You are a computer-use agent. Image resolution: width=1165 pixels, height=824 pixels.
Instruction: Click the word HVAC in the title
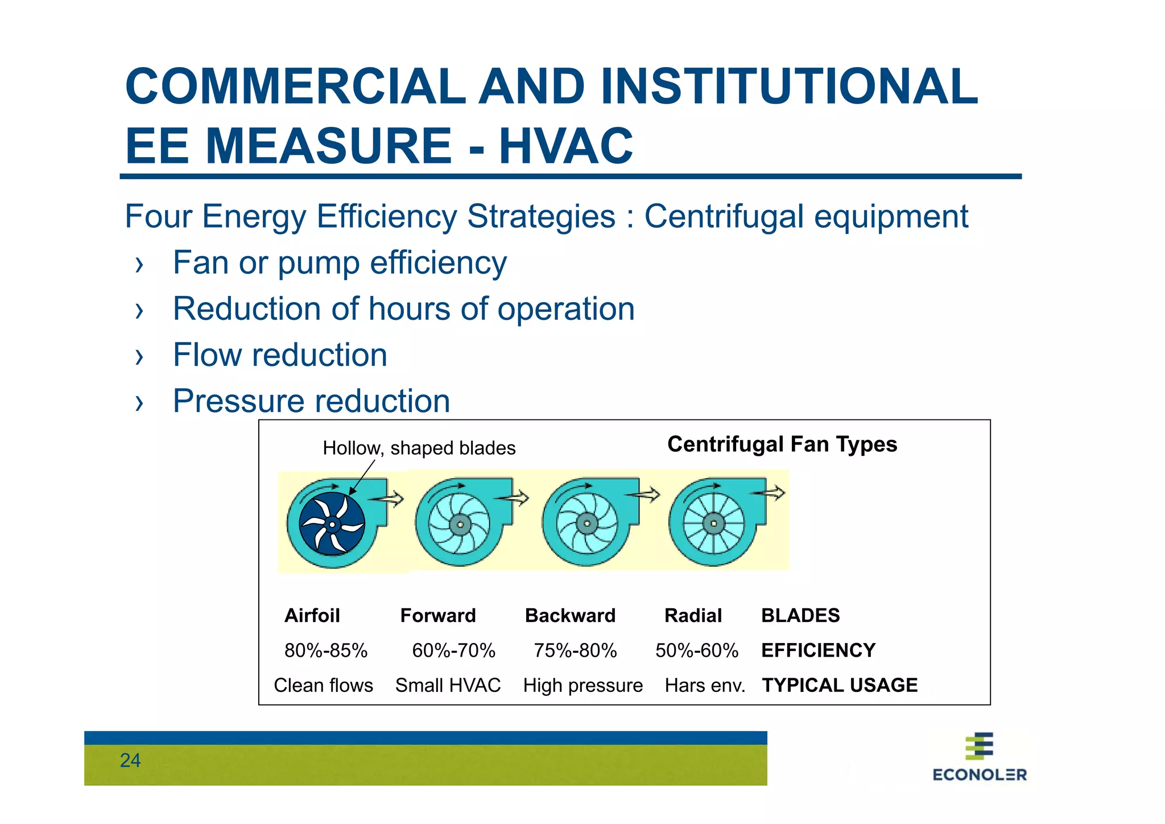(x=565, y=146)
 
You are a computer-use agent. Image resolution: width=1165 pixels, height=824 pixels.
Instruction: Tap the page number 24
(x=130, y=760)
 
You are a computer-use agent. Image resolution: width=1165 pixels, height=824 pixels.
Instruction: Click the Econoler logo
(x=979, y=757)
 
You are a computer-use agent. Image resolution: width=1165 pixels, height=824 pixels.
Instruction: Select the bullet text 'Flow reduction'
(x=280, y=355)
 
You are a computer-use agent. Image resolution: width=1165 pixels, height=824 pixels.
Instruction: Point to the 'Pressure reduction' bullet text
(x=311, y=401)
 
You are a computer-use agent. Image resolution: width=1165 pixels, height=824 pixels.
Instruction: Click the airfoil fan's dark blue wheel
(x=332, y=524)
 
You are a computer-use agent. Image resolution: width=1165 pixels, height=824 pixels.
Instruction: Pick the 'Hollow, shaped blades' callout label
(x=419, y=448)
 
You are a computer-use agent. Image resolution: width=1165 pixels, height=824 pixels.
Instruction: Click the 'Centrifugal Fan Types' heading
(x=782, y=444)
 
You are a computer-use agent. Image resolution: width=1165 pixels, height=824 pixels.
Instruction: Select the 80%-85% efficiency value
(x=326, y=650)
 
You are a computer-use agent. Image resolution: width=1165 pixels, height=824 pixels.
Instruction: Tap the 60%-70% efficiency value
(x=453, y=650)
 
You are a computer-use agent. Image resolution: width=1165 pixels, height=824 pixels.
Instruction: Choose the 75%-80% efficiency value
(x=575, y=650)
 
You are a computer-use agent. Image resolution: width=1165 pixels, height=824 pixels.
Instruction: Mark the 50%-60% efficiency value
(x=696, y=650)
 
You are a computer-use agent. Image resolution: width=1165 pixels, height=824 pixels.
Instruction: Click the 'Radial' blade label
(x=693, y=616)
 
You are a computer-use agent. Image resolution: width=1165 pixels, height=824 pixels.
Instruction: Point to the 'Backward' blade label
(x=570, y=616)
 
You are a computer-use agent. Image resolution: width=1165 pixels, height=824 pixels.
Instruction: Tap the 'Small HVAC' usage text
(x=448, y=685)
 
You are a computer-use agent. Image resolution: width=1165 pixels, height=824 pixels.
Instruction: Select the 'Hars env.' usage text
(x=705, y=685)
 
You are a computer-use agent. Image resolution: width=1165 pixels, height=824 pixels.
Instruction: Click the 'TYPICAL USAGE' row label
(x=840, y=685)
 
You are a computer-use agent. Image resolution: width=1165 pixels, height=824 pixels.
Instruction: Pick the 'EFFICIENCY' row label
(x=818, y=650)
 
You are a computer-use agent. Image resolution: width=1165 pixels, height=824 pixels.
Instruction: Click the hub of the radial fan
(x=713, y=524)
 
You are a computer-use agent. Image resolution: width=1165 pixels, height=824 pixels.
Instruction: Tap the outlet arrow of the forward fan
(x=514, y=498)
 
